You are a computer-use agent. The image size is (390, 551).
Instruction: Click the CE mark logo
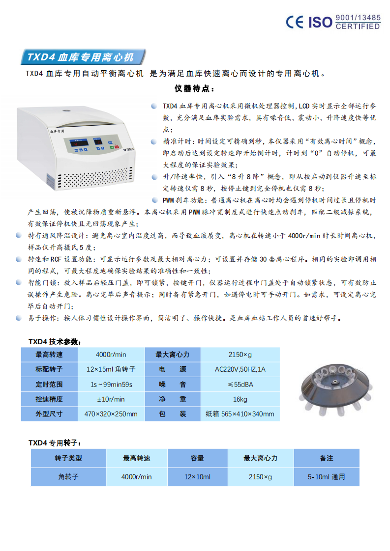pyautogui.click(x=296, y=22)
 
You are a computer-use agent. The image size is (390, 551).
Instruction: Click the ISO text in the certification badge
pyautogui.click(x=320, y=22)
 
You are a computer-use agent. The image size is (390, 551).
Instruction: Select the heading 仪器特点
pyautogui.click(x=194, y=89)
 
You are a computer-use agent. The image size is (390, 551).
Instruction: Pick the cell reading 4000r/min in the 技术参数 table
pyautogui.click(x=111, y=355)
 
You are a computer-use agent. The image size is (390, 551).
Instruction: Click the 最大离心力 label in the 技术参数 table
pyautogui.click(x=172, y=355)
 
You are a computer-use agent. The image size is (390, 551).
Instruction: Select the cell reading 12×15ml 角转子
pyautogui.click(x=111, y=369)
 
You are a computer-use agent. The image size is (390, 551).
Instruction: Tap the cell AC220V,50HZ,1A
pyautogui.click(x=240, y=369)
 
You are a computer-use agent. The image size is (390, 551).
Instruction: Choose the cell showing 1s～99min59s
pyautogui.click(x=111, y=385)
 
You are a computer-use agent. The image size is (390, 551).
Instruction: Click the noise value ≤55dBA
pyautogui.click(x=240, y=385)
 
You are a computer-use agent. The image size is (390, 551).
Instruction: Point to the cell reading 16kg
pyautogui.click(x=240, y=399)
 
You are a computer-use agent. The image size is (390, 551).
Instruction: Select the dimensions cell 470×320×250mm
pyautogui.click(x=111, y=414)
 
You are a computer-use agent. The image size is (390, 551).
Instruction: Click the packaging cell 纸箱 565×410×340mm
pyautogui.click(x=240, y=414)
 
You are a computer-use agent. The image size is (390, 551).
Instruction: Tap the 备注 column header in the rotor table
pyautogui.click(x=327, y=458)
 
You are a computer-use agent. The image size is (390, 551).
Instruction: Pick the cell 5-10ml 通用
pyautogui.click(x=327, y=476)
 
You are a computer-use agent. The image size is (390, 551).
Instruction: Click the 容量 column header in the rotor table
pyautogui.click(x=197, y=458)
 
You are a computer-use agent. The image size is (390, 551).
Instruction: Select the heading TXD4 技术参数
pyautogui.click(x=55, y=342)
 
